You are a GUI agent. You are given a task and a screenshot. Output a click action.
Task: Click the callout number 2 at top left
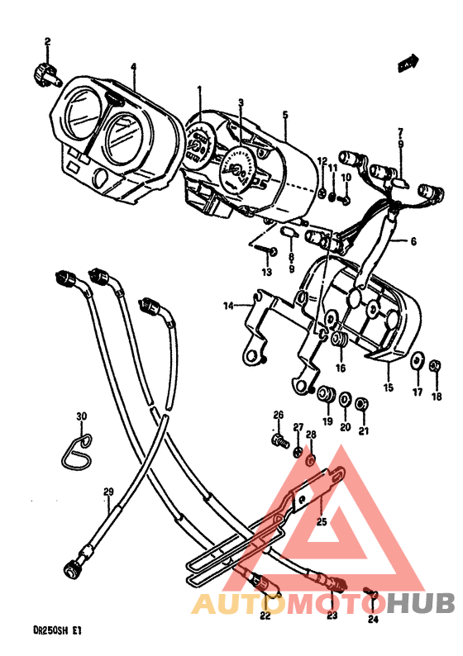point(47,42)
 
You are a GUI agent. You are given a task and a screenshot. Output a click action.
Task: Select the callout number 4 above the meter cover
point(133,68)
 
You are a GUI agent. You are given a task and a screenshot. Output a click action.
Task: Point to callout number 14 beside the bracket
point(228,306)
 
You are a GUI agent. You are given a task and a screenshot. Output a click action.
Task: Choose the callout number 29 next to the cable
point(107,493)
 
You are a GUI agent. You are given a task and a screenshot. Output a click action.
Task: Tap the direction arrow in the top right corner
point(406,62)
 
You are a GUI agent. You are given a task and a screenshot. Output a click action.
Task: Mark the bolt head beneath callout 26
point(279,441)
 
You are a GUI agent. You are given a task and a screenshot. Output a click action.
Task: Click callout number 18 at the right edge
point(437,397)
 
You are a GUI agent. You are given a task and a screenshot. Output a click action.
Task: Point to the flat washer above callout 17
point(417,359)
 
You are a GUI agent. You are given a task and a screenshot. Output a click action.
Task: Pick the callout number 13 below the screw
point(266,272)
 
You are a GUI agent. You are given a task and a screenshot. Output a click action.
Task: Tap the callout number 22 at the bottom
point(265,615)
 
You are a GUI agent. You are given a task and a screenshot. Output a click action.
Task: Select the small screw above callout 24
point(370,594)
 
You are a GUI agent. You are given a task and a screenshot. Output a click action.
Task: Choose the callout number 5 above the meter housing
point(285,116)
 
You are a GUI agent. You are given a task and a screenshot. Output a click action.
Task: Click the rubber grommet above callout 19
point(326,391)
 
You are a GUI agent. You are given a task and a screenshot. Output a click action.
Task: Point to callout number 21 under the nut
point(364,430)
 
